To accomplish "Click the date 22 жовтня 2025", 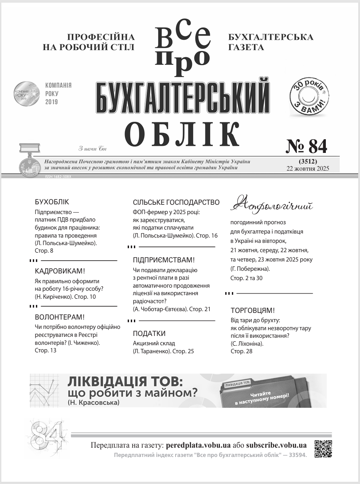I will click(308, 168).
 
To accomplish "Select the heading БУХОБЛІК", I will click(52, 202).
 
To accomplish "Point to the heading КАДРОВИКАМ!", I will click(60, 271).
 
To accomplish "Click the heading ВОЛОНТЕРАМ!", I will click(59, 317).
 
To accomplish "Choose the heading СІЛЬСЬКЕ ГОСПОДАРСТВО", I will click(176, 202).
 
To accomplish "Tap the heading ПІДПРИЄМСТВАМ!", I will click(164, 260).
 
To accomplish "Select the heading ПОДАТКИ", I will click(149, 333).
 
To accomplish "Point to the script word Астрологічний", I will click(272, 205).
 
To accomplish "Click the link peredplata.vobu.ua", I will click(198, 445).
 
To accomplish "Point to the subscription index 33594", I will click(296, 456).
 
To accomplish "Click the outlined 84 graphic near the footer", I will click(47, 435).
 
